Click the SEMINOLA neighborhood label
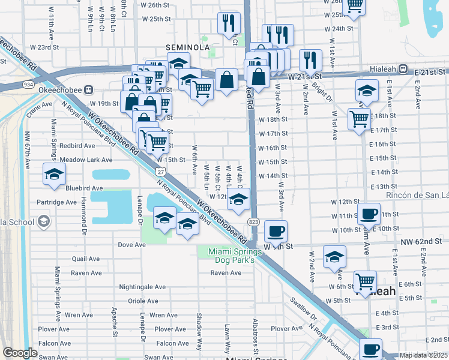point(188,47)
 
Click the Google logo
point(20,353)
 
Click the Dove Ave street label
point(132,245)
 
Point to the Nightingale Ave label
point(142,287)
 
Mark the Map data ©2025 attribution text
point(423,355)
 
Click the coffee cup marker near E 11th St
point(369,213)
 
